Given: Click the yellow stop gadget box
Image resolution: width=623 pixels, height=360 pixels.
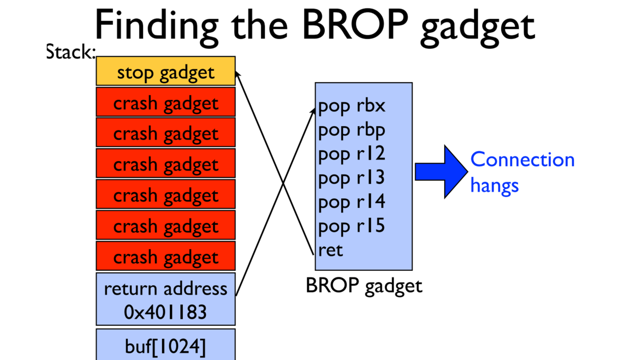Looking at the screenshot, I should [165, 71].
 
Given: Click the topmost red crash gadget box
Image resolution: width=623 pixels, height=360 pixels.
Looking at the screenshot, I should [165, 103].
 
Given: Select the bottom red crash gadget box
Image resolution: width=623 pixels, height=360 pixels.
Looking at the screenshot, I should [165, 257].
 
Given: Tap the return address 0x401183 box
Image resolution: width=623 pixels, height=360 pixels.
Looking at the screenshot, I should [165, 299].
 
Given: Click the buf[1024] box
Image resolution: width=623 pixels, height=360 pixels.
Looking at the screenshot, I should [165, 346].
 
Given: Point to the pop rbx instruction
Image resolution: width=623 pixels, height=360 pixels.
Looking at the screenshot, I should [352, 106].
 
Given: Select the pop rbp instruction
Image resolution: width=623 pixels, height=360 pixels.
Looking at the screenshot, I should [352, 130].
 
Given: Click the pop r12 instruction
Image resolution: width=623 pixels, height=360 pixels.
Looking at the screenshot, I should [352, 154].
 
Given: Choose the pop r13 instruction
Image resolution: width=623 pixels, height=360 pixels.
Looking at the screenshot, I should [352, 178].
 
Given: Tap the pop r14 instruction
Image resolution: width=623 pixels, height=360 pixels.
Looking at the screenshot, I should [352, 202].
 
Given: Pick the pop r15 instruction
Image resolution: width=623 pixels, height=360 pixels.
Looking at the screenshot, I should [352, 226].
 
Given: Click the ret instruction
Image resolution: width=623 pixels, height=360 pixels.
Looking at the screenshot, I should [330, 250].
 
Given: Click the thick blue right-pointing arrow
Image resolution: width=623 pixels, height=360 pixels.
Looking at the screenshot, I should [440, 171].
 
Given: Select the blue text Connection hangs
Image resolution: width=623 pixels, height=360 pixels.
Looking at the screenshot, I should [521, 172].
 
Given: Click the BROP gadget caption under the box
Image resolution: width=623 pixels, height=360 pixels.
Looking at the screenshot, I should [364, 286].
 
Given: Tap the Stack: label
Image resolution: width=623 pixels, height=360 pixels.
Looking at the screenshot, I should [70, 51].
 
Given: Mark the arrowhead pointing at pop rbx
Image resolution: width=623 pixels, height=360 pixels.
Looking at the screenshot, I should [313, 110].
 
